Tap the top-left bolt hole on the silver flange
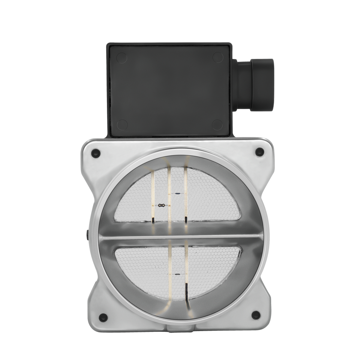coord(96,153)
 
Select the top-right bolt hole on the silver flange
coord(259,152)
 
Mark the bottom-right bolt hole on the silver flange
coord(256,315)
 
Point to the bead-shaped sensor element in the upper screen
coord(162,205)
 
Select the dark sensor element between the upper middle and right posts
coord(178,193)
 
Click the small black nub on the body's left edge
coord(88,235)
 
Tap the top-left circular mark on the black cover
coord(121,58)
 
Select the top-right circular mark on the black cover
coord(218,57)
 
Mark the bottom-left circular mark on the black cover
coord(122,125)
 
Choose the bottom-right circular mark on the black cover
coord(217,125)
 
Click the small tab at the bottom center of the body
coord(180,328)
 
